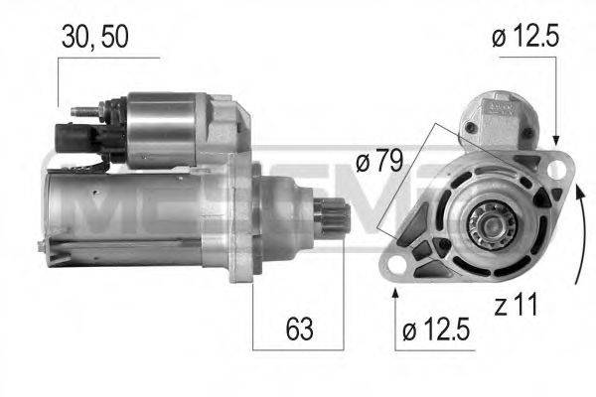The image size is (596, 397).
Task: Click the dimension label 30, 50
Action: tap(95, 38)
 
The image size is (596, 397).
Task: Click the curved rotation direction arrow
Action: tap(573, 230)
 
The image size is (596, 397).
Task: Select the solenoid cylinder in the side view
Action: tap(164, 129)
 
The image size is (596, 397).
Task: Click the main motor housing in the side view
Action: tap(129, 213)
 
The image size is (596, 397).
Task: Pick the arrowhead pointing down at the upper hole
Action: tap(557, 137)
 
